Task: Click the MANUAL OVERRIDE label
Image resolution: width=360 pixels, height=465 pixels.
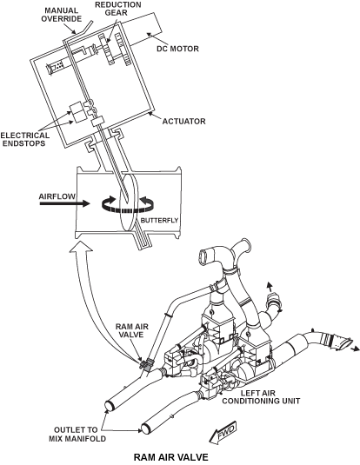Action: (x=61, y=15)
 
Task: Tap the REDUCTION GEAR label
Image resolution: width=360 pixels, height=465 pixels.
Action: (x=117, y=9)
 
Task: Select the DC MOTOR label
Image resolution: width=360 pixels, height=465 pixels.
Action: (x=177, y=49)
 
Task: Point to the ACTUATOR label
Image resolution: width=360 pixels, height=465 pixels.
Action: (x=183, y=122)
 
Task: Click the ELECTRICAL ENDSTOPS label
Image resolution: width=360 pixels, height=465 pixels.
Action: (x=25, y=139)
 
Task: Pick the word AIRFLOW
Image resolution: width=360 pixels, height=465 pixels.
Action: (x=57, y=196)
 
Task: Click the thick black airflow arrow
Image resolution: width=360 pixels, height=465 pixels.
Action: (x=64, y=203)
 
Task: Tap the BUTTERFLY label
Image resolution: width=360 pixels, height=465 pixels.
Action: (x=159, y=221)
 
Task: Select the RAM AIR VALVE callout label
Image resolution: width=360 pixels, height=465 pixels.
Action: (x=131, y=330)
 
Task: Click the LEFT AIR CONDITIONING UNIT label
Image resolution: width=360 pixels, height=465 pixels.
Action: (x=261, y=397)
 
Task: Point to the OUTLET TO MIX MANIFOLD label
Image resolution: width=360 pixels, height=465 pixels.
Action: (x=77, y=435)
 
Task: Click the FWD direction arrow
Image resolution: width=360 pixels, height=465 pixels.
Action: (x=223, y=432)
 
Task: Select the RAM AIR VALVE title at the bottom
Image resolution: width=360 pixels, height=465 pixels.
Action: (x=171, y=457)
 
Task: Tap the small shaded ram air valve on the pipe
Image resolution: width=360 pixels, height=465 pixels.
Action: (x=146, y=364)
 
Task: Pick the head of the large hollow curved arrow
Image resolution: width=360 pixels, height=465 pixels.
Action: (x=81, y=246)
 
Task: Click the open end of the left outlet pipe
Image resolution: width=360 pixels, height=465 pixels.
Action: (x=110, y=405)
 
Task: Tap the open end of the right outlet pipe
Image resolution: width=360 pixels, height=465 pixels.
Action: (x=145, y=428)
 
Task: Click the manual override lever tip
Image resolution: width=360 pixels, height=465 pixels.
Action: (x=91, y=21)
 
